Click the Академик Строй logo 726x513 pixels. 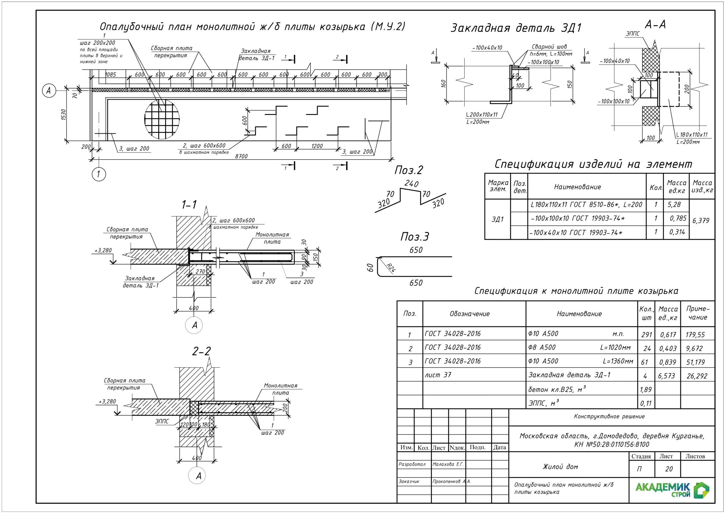point(672,490)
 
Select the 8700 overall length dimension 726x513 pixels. point(241,156)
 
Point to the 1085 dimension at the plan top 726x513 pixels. point(110,75)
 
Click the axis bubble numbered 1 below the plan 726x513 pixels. point(99,174)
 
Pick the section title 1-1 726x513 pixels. point(189,205)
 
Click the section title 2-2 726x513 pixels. point(201,351)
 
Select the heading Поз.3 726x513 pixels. point(415,237)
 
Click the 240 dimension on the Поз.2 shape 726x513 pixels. point(411,184)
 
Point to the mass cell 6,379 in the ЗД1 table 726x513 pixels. point(701,220)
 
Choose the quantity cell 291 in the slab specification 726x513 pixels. point(647,334)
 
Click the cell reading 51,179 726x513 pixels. point(695,362)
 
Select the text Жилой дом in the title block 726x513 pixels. point(560,467)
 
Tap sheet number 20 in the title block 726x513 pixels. point(669,469)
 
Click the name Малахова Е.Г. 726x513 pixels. point(448,464)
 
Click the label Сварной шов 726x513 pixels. point(549,47)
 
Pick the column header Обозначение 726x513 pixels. point(470,314)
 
